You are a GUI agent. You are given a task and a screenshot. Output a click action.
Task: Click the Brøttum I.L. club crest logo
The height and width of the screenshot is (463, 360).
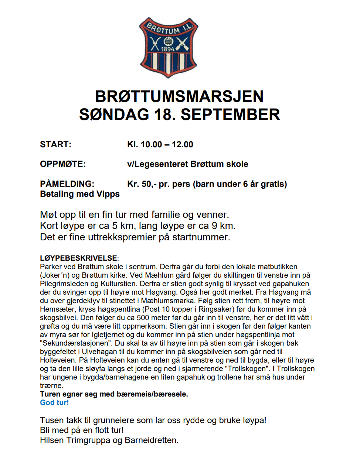click(168, 48)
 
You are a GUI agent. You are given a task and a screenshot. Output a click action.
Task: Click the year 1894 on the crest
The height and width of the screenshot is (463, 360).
click(167, 49)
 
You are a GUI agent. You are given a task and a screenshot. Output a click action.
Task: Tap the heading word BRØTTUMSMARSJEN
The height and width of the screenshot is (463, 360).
click(179, 96)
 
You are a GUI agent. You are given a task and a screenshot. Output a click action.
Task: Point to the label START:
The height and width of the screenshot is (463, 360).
click(55, 144)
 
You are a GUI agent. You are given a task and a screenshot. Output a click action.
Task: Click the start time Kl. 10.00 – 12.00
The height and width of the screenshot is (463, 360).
click(160, 144)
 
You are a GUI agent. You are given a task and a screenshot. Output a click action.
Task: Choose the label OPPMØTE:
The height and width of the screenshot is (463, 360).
click(62, 164)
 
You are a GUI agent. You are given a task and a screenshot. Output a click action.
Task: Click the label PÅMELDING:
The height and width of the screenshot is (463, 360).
click(67, 184)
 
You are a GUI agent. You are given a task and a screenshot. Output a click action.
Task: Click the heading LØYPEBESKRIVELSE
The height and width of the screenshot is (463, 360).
click(78, 258)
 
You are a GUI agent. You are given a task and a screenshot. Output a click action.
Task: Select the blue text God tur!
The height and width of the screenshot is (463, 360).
click(54, 402)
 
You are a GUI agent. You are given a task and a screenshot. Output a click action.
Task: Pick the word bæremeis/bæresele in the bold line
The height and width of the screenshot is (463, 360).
click(153, 394)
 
